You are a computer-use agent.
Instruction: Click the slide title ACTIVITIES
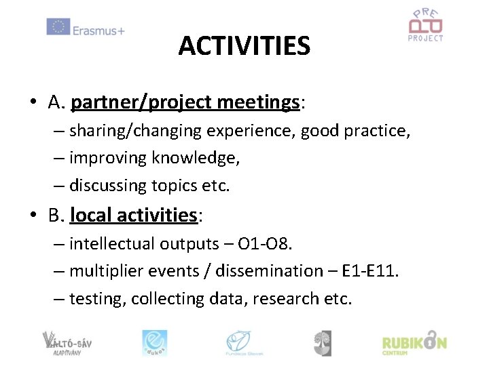(x=244, y=46)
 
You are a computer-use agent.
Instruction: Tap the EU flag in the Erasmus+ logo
(x=58, y=27)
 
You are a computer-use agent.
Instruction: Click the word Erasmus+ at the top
(x=98, y=29)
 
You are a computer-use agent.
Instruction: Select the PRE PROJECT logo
(x=425, y=26)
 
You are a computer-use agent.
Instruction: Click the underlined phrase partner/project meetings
(x=185, y=102)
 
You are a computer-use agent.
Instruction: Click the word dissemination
(x=266, y=271)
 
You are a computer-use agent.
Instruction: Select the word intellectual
(x=112, y=243)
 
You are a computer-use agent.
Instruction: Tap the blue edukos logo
(x=154, y=342)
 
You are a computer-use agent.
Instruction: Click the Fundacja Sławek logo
(x=244, y=342)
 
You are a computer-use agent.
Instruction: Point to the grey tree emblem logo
(x=322, y=342)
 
